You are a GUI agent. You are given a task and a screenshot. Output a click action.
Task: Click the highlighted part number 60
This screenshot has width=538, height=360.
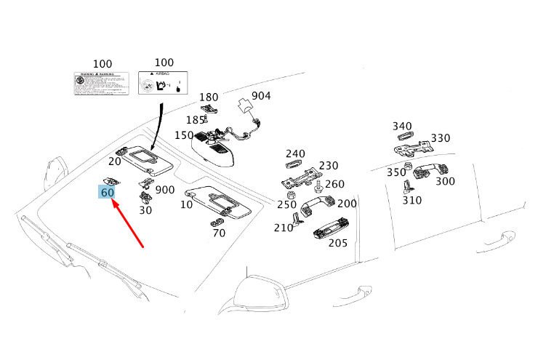tap(108, 192)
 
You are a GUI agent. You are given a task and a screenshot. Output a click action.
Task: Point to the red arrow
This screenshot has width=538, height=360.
tap(128, 223)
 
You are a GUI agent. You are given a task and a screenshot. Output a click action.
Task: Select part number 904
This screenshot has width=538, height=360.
tap(261, 96)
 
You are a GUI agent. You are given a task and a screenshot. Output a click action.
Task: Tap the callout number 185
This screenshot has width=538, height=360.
tap(196, 120)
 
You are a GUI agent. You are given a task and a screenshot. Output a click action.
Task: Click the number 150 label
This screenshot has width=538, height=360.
tap(184, 135)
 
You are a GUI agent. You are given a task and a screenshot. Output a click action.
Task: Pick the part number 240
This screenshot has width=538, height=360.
tap(295, 153)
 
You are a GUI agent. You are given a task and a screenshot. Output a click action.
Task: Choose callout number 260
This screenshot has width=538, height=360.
tap(334, 185)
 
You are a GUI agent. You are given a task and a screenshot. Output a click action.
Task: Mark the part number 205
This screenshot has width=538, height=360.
tap(337, 243)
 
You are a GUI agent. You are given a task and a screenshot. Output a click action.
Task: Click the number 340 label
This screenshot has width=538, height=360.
tap(402, 126)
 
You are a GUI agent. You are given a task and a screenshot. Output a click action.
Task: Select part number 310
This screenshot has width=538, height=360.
tap(411, 200)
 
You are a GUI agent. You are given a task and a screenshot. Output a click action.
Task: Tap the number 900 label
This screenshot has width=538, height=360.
tap(165, 190)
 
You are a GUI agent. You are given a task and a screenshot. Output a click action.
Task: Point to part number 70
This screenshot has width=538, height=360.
tap(219, 233)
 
